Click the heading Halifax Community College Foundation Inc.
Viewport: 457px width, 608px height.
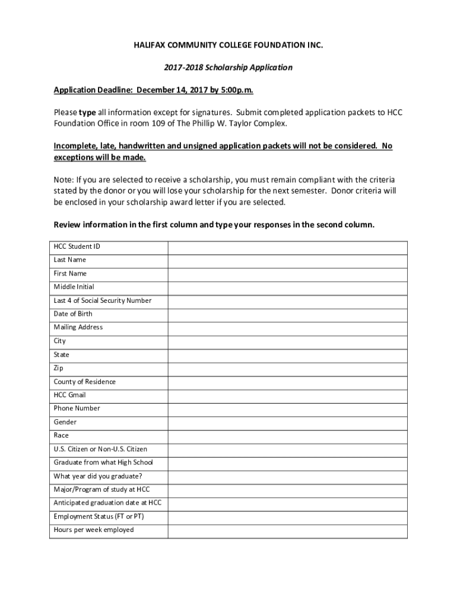coord(228,46)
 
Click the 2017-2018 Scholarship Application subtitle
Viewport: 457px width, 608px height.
coord(228,68)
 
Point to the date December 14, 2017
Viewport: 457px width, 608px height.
coord(176,90)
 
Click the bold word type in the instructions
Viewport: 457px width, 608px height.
coord(87,112)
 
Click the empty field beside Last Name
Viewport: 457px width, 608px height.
coord(287,261)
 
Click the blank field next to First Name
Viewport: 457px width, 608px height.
coord(287,274)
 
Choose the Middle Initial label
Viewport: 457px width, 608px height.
coord(74,287)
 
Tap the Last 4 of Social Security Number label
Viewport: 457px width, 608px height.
coord(102,300)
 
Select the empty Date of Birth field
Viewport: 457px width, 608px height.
coord(287,315)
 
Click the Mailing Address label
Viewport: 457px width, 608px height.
coord(78,327)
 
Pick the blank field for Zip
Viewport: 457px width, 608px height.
coord(287,369)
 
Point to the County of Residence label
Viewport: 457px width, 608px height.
coord(84,382)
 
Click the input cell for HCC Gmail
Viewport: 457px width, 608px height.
coord(287,395)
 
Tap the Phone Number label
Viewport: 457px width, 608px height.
coord(77,408)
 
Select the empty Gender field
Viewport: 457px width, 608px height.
coord(287,423)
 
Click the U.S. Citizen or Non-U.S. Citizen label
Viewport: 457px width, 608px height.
coord(100,449)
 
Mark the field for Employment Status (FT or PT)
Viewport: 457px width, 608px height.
coord(287,517)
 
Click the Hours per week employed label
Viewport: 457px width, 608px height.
coord(93,530)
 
